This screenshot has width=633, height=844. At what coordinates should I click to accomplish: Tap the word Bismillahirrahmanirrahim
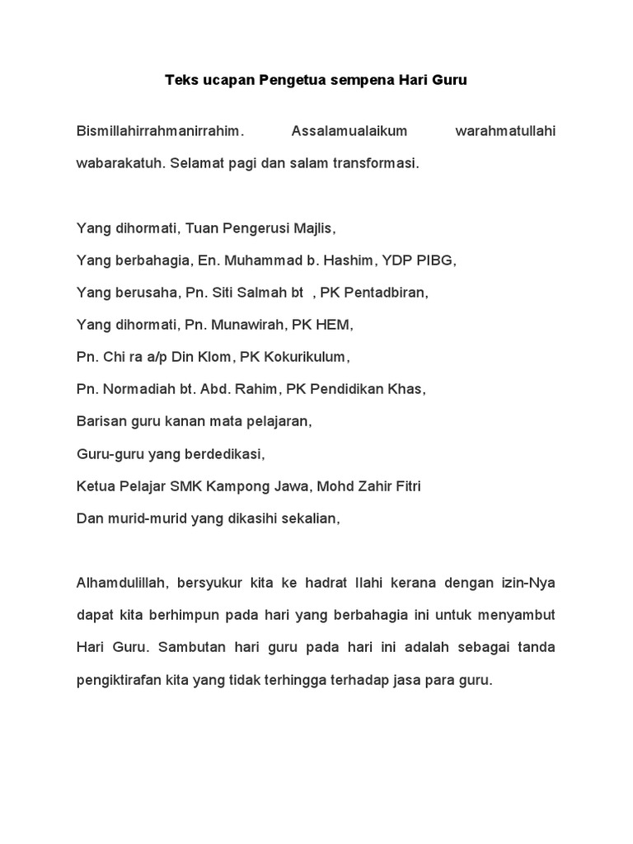click(161, 130)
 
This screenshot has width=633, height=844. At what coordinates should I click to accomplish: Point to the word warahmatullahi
click(505, 130)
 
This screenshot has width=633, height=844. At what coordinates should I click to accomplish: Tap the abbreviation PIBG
click(434, 260)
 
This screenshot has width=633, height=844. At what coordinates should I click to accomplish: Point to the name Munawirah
click(246, 325)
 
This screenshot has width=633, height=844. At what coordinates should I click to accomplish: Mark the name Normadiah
click(133, 389)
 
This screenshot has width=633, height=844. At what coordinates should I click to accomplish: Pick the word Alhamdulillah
click(121, 583)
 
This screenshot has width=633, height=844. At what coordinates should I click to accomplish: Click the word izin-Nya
click(530, 583)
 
